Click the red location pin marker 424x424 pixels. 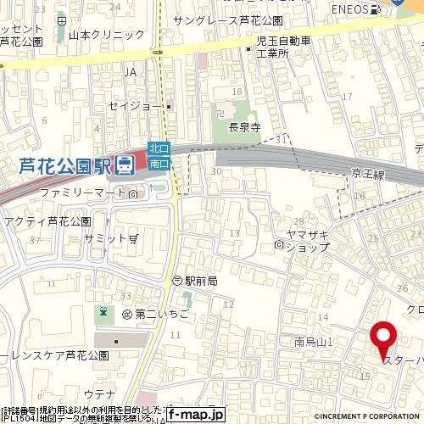[383, 338]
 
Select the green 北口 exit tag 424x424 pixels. [159, 148]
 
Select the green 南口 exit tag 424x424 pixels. [159, 161]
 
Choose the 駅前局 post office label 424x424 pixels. [201, 281]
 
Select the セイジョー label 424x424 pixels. [135, 106]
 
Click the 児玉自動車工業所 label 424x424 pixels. [284, 47]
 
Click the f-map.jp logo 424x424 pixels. [195, 415]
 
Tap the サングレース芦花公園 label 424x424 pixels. [226, 20]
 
